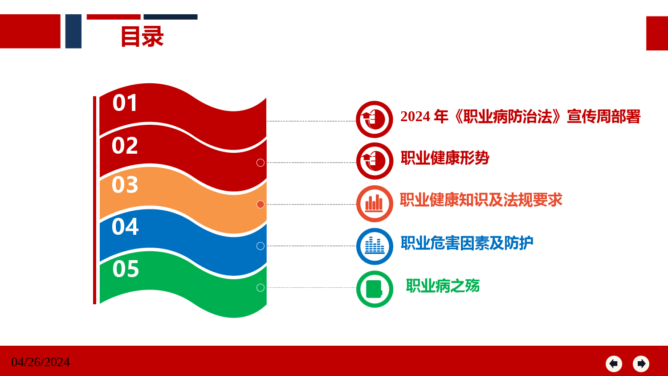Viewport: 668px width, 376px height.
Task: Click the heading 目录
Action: pos(142,37)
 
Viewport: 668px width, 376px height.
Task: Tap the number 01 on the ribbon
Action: pos(125,103)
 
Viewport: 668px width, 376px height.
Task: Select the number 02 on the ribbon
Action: pos(125,146)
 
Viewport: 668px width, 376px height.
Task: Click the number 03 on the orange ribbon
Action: pos(125,185)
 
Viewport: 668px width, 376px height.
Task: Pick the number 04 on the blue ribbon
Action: pos(125,226)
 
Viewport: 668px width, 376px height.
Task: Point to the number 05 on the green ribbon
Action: pos(126,269)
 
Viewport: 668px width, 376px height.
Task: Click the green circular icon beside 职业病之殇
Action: pos(375,289)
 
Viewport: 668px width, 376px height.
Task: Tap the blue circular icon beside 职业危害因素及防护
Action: pos(375,246)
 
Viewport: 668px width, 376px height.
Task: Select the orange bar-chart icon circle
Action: pos(375,204)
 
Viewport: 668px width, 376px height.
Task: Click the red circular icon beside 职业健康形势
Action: pos(375,161)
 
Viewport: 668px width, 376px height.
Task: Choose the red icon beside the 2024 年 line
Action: pos(374,119)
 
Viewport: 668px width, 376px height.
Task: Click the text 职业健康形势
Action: pos(445,158)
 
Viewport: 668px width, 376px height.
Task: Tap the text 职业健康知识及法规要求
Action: pos(481,200)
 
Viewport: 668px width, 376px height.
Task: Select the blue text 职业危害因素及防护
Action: pos(467,243)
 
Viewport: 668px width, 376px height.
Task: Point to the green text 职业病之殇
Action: pos(443,286)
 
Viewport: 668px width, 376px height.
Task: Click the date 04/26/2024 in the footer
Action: pos(41,362)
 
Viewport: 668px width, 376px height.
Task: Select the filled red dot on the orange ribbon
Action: pos(261,204)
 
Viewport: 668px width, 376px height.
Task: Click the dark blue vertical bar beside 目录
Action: pos(73,31)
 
